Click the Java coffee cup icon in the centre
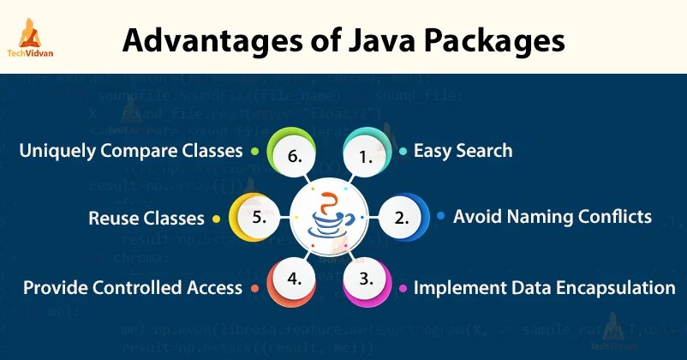pos(331,218)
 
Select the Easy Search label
pos(463,151)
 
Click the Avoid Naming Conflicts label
pos(553,216)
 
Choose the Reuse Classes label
pos(146,219)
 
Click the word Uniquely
pos(61,152)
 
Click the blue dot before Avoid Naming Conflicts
pos(440,217)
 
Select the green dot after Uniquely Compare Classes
pos(254,152)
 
